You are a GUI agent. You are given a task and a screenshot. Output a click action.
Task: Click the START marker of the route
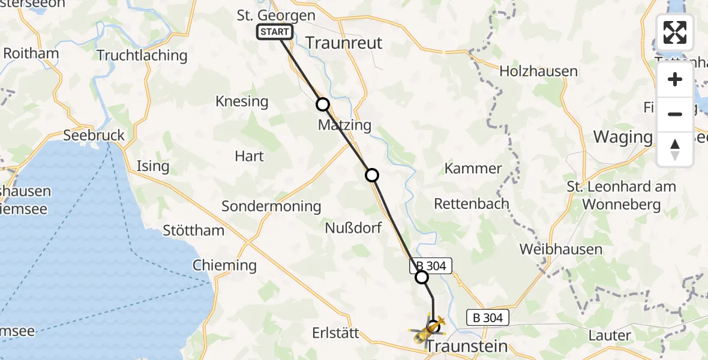pyautogui.click(x=275, y=32)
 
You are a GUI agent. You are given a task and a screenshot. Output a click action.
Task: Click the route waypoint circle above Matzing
pyautogui.click(x=323, y=104)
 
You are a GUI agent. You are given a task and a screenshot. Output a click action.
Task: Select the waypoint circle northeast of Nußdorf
pyautogui.click(x=372, y=175)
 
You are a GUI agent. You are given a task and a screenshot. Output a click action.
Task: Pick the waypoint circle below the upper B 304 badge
pyautogui.click(x=422, y=277)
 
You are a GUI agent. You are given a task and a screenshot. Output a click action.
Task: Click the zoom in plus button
pyautogui.click(x=675, y=80)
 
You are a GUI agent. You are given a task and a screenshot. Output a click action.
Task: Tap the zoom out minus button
pyautogui.click(x=675, y=114)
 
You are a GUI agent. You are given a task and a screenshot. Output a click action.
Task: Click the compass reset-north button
pyautogui.click(x=675, y=149)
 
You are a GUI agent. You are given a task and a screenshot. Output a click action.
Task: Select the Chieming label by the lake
pyautogui.click(x=224, y=265)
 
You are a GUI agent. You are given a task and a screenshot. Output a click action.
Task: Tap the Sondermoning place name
pyautogui.click(x=271, y=206)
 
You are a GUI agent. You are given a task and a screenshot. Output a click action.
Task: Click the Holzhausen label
pyautogui.click(x=538, y=71)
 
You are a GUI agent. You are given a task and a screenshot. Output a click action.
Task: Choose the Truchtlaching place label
pyautogui.click(x=142, y=56)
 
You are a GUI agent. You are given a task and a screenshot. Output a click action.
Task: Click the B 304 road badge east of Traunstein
pyautogui.click(x=487, y=317)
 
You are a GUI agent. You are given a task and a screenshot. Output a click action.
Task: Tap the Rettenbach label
pyautogui.click(x=479, y=203)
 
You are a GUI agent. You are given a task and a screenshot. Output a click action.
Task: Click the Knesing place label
pyautogui.click(x=242, y=101)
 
